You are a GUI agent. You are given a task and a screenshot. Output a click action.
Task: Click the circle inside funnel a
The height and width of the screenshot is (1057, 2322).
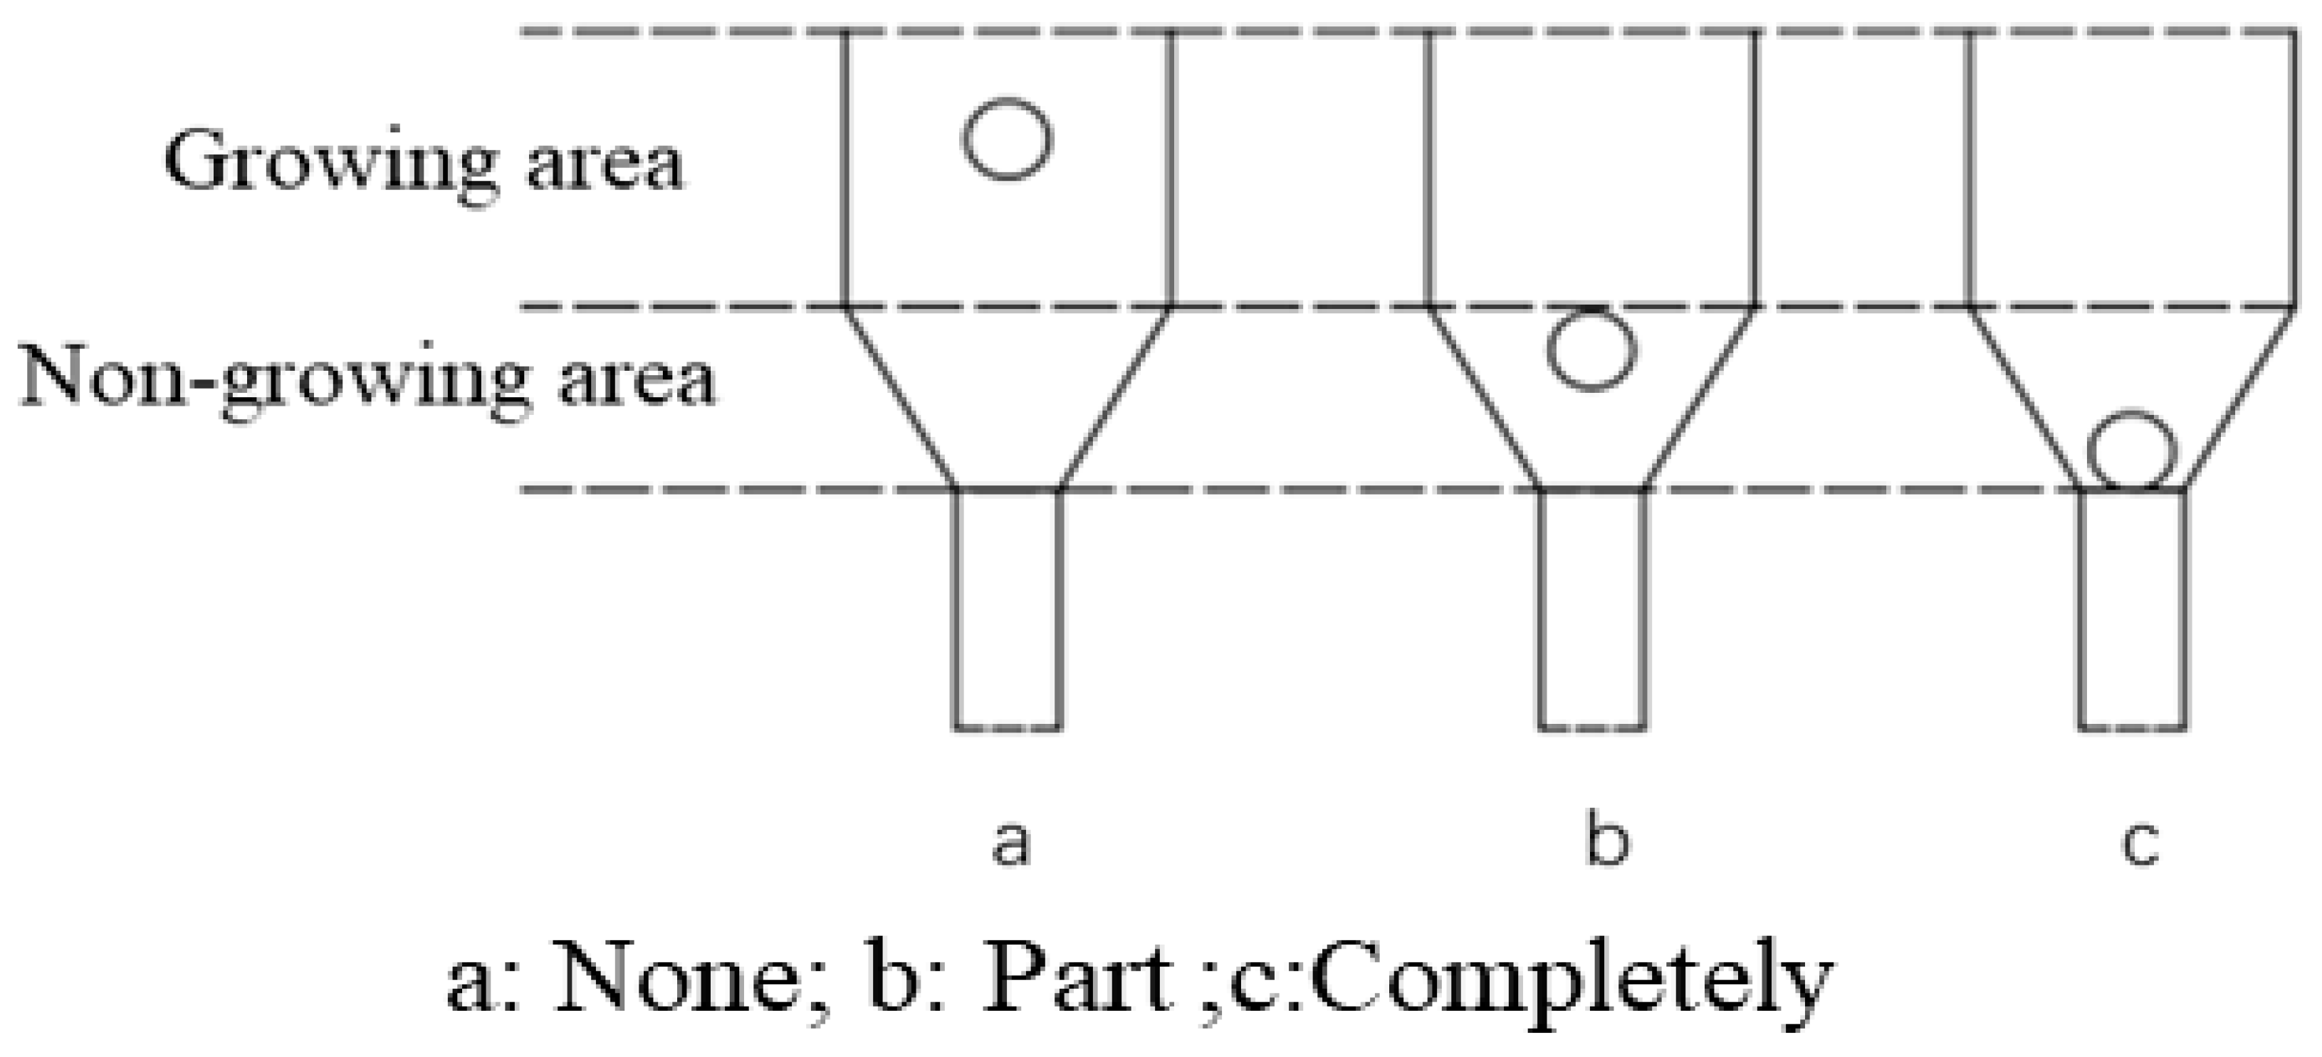[x=1007, y=139]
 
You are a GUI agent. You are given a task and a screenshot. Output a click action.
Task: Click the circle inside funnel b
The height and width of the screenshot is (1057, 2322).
[x=1591, y=349]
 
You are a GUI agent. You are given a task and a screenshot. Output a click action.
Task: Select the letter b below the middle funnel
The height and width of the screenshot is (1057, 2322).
[x=1607, y=840]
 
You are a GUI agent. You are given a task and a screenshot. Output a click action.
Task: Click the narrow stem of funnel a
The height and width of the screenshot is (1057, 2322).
[x=1008, y=609]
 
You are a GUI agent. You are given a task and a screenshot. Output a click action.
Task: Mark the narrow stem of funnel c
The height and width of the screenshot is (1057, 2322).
[x=2132, y=609]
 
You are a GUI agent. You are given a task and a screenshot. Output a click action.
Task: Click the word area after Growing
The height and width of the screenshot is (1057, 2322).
[x=605, y=166]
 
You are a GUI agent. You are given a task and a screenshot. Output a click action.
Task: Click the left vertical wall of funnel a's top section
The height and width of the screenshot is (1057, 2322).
[x=844, y=169]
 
